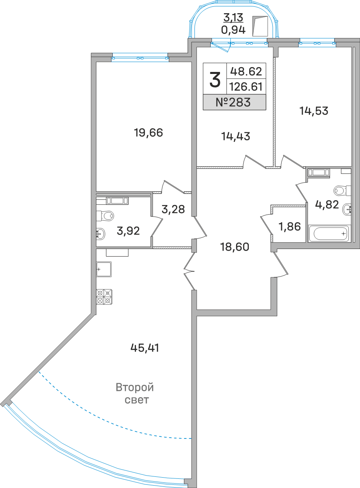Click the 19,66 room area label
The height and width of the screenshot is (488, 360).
point(148,133)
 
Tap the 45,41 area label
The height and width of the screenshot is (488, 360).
point(145,348)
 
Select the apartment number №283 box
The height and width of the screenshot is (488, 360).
point(234,102)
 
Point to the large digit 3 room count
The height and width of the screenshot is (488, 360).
point(215,80)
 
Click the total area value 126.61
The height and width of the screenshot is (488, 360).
point(246,87)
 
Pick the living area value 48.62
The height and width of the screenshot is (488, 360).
point(246,71)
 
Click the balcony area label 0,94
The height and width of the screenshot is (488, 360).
point(233,30)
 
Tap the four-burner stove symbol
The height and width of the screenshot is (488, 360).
point(104,297)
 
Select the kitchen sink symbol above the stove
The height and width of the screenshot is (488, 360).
point(104,269)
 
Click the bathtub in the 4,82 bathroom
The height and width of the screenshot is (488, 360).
point(328,233)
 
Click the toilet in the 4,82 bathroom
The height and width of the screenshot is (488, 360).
point(342,190)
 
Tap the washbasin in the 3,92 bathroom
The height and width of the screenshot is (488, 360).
point(101,234)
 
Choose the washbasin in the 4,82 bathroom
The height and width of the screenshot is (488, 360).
point(347,209)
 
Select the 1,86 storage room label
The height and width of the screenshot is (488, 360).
point(290,227)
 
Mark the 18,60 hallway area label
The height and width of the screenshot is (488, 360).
point(235,247)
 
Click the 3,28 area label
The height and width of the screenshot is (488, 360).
point(173,209)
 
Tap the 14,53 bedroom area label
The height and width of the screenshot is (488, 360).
point(314,111)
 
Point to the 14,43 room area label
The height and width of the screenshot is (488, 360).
point(236,136)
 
